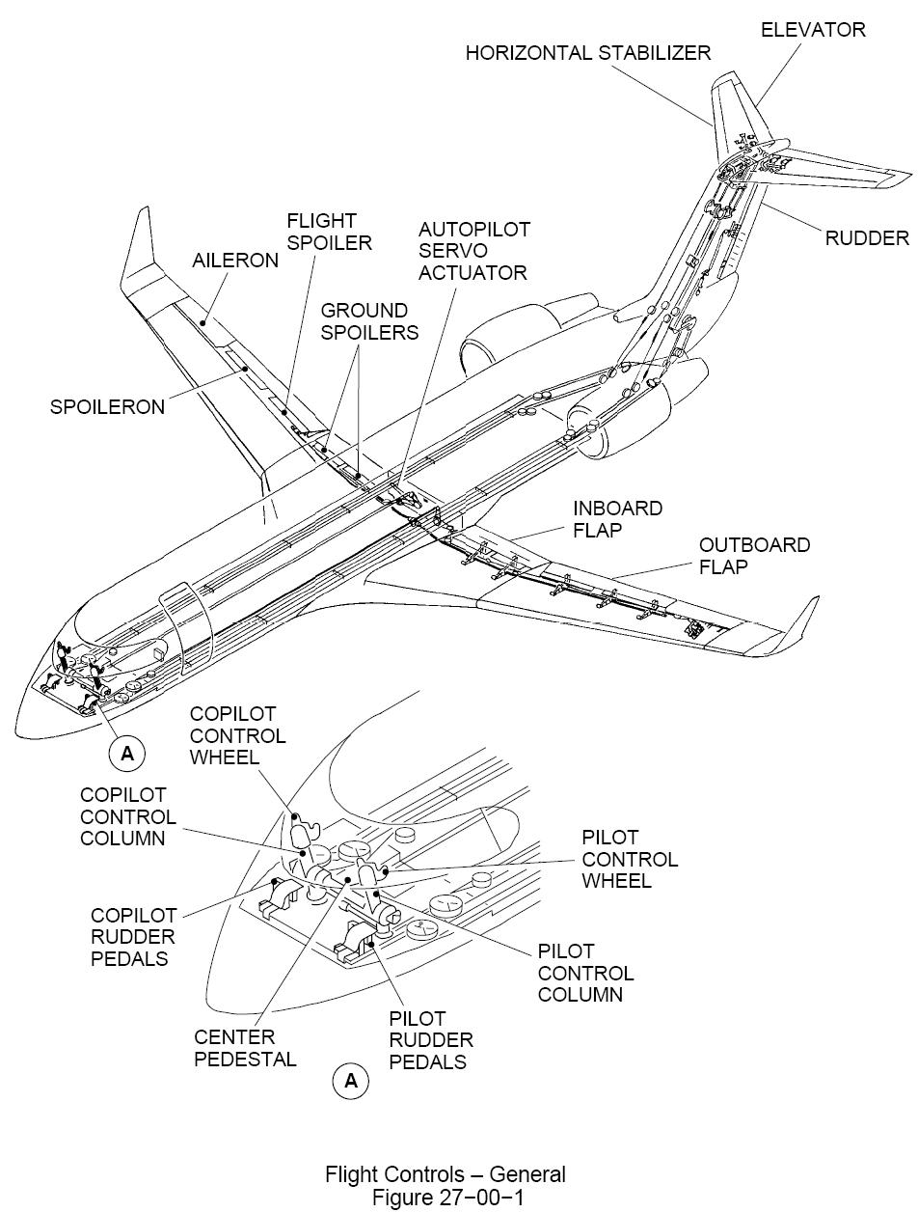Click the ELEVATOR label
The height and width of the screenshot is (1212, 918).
(x=813, y=30)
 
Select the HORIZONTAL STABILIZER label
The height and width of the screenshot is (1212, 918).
(x=588, y=53)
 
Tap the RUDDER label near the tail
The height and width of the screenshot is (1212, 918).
(x=867, y=237)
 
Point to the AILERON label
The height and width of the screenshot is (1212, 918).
(x=235, y=261)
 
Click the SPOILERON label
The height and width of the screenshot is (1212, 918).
(x=107, y=406)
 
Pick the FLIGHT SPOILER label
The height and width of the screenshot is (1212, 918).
(x=329, y=232)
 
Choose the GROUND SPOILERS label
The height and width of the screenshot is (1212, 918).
(x=369, y=321)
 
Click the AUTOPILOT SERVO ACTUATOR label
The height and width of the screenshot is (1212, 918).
(x=473, y=251)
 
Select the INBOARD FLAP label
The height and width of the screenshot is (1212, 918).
(x=617, y=518)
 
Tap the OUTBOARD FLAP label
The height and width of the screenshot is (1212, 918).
(x=754, y=555)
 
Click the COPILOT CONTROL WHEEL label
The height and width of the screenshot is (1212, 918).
(x=237, y=735)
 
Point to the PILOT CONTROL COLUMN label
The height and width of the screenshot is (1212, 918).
(x=585, y=973)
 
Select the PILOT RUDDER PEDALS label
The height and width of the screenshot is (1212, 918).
(x=431, y=1040)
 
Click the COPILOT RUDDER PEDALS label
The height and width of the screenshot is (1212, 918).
(x=133, y=936)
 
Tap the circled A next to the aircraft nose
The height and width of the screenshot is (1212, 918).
(x=127, y=755)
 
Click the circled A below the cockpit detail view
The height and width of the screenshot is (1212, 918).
(x=351, y=1081)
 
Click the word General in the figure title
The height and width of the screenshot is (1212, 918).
(x=527, y=1174)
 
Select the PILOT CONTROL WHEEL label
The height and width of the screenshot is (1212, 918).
(x=630, y=859)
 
